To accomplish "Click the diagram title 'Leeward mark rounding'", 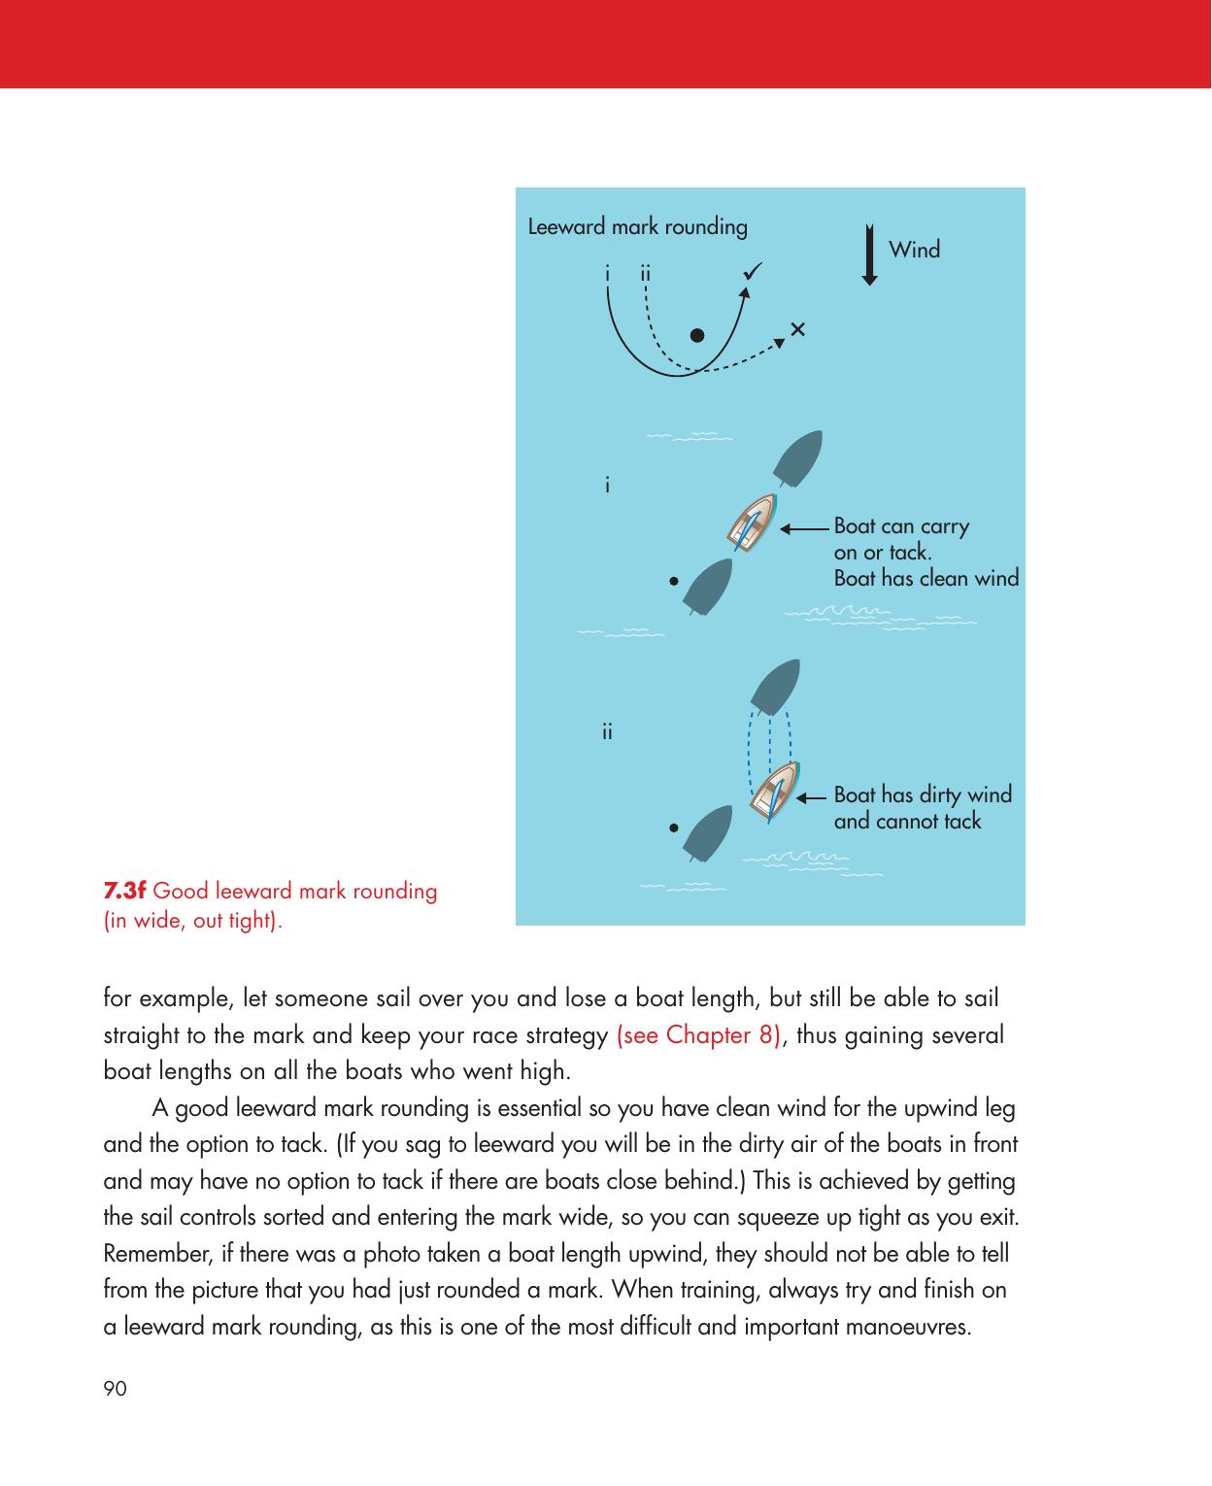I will [637, 227].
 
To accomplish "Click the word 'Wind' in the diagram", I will [914, 250].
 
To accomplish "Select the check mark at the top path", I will [752, 272].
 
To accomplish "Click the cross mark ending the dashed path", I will [797, 329].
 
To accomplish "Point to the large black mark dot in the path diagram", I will [696, 336].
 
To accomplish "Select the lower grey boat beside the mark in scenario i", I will [709, 586].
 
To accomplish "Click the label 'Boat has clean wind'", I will [926, 579].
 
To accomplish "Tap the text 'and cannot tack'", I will [907, 822].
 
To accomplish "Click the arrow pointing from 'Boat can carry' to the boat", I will [806, 529].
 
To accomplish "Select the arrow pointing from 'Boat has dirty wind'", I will [813, 797].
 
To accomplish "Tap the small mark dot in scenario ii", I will [672, 828].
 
